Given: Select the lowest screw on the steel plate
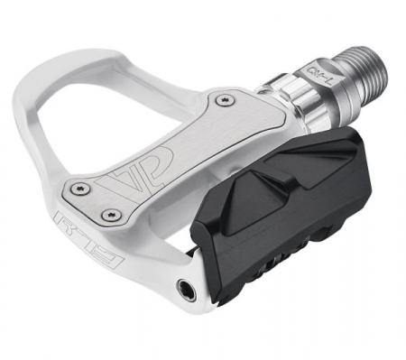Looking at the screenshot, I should pos(113,215).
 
